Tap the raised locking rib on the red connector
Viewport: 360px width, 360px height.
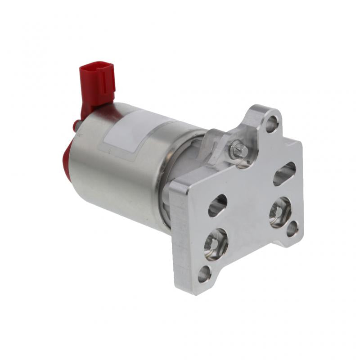pos(105,79)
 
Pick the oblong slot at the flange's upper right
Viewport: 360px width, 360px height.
pos(284,173)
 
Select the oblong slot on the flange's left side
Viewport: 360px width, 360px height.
pos(218,205)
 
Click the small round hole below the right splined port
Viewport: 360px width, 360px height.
pos(292,229)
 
